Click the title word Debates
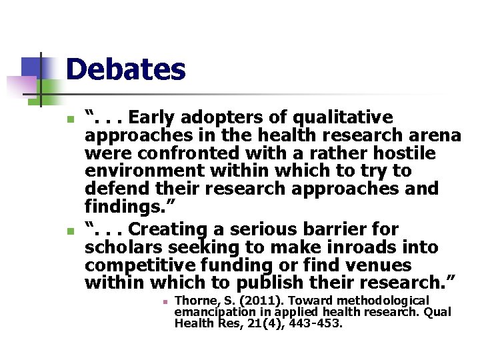125,70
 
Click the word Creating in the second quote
171,229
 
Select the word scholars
125,247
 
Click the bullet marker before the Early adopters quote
70,120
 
